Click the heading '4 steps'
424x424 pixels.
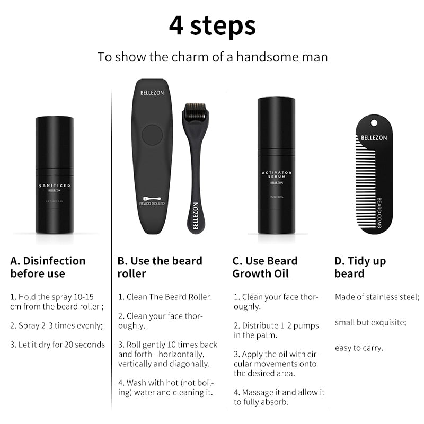point(212,25)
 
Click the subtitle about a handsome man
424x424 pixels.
point(212,57)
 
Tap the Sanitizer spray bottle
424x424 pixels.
point(54,175)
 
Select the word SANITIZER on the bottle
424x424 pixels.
point(54,185)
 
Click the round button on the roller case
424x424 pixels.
point(152,135)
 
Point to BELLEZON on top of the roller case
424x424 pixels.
point(152,93)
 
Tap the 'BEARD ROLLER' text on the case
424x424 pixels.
point(152,203)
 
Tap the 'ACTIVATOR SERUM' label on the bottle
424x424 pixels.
point(276,175)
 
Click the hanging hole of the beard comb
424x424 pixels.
point(374,123)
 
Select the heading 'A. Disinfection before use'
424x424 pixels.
point(48,267)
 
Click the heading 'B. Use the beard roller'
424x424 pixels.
point(160,267)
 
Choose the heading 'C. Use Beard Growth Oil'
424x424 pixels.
point(265,267)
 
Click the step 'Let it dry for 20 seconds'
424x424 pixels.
point(57,344)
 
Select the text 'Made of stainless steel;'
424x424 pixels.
point(377,297)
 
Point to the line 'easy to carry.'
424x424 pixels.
point(359,348)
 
